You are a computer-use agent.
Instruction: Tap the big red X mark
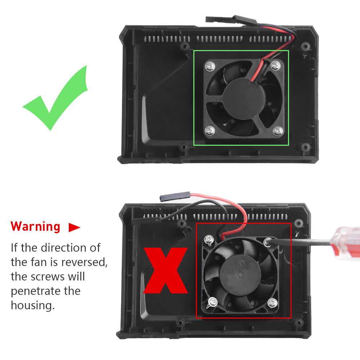[x=166, y=270]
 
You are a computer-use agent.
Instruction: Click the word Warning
[x=35, y=226]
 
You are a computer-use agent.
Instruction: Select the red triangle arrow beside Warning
[x=75, y=227]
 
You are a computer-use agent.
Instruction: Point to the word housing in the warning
[x=33, y=306]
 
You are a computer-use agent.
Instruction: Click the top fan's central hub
[x=244, y=98]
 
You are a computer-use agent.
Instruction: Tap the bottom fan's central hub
[x=240, y=274]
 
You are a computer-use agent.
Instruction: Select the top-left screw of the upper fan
[x=210, y=67]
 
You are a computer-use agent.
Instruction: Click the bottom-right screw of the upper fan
[x=278, y=131]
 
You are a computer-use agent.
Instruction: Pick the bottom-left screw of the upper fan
[x=210, y=131]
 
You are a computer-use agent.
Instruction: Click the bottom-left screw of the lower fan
[x=213, y=302]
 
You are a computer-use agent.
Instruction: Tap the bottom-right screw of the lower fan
[x=273, y=303]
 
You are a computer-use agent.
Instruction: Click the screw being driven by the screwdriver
[x=268, y=242]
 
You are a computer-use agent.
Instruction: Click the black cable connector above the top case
[x=231, y=20]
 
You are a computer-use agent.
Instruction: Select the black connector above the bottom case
[x=175, y=197]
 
